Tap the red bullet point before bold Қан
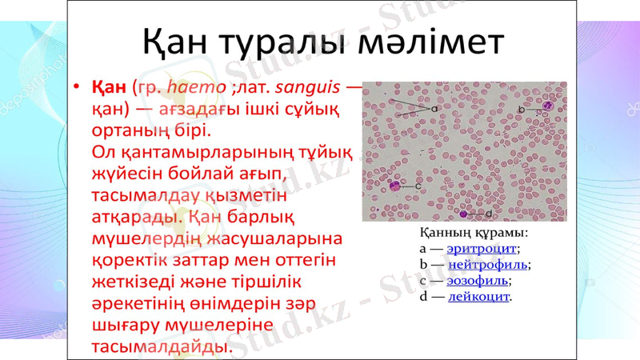click(76, 86)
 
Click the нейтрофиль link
click(487, 264)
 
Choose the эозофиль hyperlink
click(478, 280)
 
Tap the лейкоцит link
click(478, 296)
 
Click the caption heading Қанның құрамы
click(474, 233)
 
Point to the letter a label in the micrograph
click(434, 107)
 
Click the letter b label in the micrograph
click(521, 110)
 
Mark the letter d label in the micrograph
click(487, 214)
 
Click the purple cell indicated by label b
click(547, 106)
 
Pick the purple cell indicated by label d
click(464, 214)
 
